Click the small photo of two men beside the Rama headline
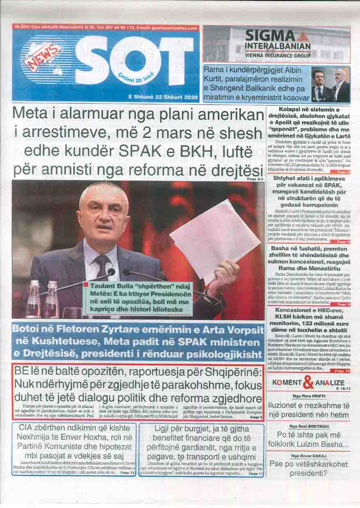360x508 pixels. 330,86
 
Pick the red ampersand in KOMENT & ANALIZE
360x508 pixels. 308,384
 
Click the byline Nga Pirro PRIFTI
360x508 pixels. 308,397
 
